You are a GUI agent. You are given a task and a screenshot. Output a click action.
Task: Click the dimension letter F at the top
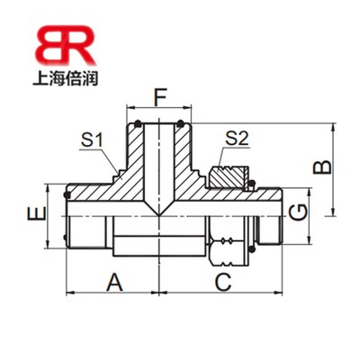(x=158, y=96)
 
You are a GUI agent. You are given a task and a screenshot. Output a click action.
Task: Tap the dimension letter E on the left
(x=33, y=216)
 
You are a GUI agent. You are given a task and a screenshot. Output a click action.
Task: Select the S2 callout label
(x=236, y=139)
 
